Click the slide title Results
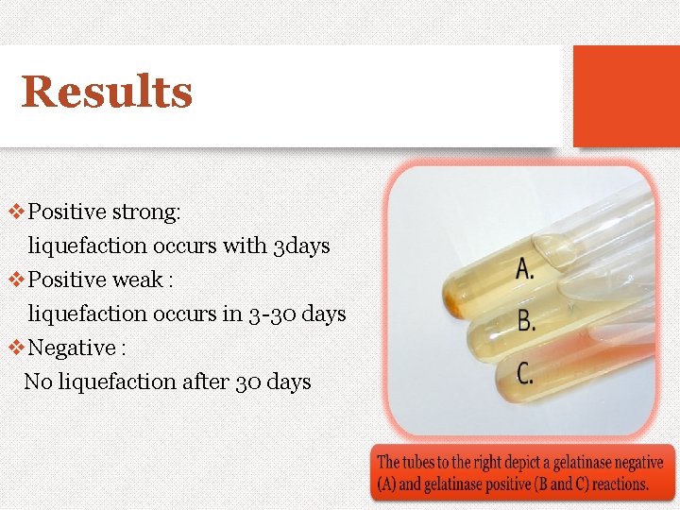point(107,93)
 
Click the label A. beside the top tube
point(525,269)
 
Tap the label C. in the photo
point(525,372)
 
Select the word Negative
point(72,348)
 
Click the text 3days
point(301,246)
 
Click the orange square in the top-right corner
point(626,96)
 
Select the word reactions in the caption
point(620,484)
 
